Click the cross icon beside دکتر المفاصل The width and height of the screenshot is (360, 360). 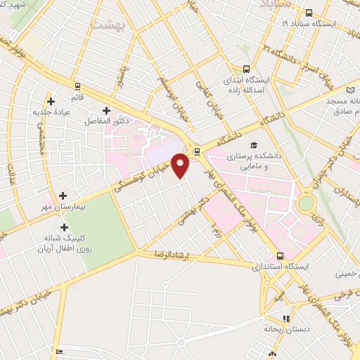106,110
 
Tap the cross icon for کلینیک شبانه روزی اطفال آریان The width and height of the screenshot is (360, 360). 64,227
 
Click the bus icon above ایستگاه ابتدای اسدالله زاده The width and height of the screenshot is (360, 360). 246,69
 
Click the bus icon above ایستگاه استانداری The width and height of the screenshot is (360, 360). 280,256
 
